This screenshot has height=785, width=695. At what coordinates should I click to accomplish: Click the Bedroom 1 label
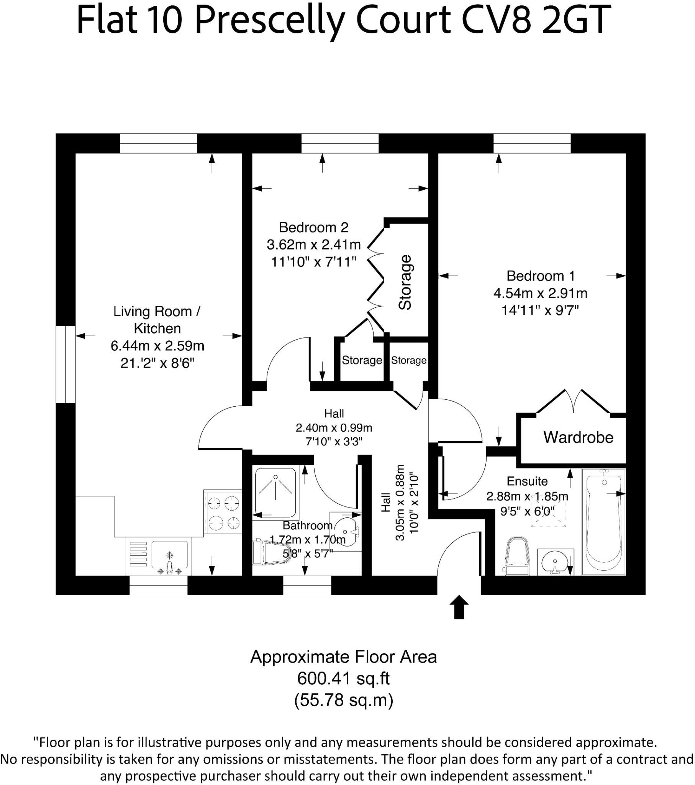(540, 276)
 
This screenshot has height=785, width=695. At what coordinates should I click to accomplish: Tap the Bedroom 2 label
(313, 227)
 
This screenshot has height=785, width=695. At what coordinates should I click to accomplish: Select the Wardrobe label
(578, 437)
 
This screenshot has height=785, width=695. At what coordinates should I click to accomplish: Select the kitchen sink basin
(170, 555)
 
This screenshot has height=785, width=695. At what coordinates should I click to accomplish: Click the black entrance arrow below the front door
(459, 607)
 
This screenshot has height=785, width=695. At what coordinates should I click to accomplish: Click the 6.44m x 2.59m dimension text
(157, 346)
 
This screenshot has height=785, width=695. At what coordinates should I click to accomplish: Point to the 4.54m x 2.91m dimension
(540, 293)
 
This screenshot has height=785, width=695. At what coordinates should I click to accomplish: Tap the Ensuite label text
(527, 481)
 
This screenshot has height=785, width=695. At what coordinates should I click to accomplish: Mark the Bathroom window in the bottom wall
(307, 586)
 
